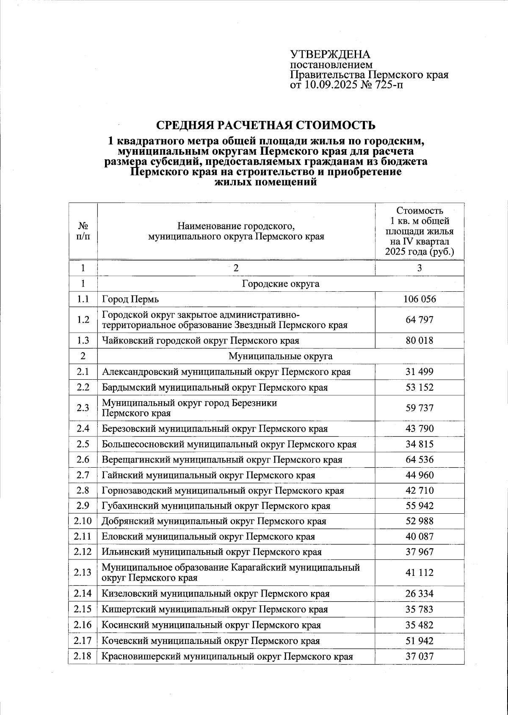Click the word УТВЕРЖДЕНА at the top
tap(330, 55)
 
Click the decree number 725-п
tap(387, 85)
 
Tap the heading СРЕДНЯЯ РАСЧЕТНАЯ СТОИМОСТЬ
tap(266, 126)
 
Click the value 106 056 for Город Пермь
tap(420, 299)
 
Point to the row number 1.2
tap(83, 320)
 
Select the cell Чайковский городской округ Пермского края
tap(200, 340)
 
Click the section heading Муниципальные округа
tap(280, 356)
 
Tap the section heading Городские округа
tap(280, 284)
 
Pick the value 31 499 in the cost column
tap(420, 372)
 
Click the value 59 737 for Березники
tap(420, 408)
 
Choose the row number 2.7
tap(83, 475)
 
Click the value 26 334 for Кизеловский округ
tap(420, 594)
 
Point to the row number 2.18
tap(83, 656)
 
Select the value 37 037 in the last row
tap(420, 656)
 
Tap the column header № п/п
tap(83, 231)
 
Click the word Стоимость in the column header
tap(420, 211)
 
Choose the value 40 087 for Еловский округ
tap(420, 537)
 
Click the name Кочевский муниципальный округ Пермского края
tap(210, 641)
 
